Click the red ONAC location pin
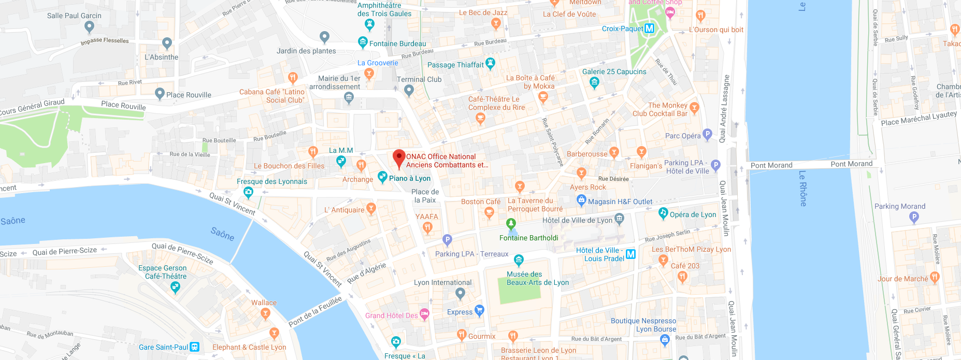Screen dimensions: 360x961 398,157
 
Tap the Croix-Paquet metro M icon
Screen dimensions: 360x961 649,28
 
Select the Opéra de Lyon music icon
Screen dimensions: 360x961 663,213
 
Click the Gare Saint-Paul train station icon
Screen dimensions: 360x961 194,347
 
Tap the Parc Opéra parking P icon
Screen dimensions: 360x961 707,135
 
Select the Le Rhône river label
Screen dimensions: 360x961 802,189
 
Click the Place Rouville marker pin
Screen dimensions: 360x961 160,93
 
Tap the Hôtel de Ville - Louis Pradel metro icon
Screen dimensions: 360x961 630,254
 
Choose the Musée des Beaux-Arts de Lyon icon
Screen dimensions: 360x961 519,260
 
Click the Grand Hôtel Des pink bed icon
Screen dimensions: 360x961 424,313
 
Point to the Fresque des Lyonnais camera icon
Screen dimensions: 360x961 249,192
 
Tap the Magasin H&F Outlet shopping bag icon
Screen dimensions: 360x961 581,200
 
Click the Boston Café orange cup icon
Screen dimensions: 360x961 489,212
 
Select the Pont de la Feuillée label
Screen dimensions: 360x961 315,311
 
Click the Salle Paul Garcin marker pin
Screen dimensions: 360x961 90,26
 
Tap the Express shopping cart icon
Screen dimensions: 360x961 479,310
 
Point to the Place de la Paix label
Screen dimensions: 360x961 425,196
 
